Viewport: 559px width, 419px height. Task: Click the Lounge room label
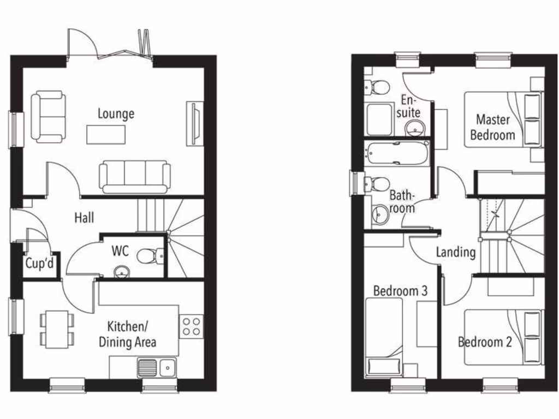[x=116, y=113]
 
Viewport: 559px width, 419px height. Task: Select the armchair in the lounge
[x=48, y=117]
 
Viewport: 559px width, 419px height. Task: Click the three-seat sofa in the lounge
[x=134, y=176]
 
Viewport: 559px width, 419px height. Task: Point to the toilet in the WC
[x=149, y=255]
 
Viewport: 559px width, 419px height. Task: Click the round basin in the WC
[x=121, y=271]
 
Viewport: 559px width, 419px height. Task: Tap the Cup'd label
[x=40, y=264]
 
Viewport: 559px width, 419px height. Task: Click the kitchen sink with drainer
[x=157, y=367]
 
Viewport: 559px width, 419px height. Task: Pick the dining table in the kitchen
[x=57, y=329]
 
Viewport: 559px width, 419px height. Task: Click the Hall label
[x=84, y=218]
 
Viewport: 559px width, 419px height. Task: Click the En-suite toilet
[x=377, y=86]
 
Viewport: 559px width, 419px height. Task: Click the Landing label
[x=456, y=252]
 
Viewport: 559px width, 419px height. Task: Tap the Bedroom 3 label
[x=400, y=291]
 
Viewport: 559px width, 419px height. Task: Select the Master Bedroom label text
[x=492, y=127]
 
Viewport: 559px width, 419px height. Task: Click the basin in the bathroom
[x=380, y=216]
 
